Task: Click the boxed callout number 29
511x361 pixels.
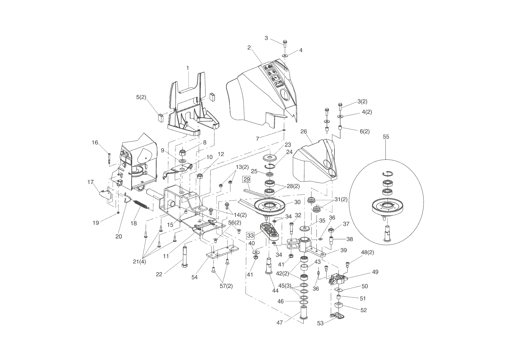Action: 246,179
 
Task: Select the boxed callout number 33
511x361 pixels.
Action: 250,235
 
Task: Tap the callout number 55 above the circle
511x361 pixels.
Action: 386,137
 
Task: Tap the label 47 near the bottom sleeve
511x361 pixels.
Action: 279,323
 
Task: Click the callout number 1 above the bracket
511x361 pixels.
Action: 188,68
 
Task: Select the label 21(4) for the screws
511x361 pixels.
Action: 140,261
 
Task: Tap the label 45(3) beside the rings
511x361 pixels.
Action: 285,286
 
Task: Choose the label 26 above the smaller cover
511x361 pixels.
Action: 304,132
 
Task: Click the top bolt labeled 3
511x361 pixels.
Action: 285,44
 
